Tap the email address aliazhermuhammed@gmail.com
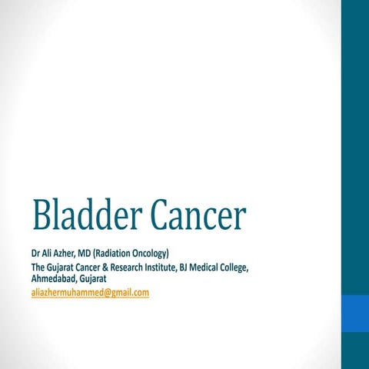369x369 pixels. [x=90, y=293]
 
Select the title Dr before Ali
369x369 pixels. [x=36, y=254]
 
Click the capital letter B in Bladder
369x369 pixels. [x=41, y=216]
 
